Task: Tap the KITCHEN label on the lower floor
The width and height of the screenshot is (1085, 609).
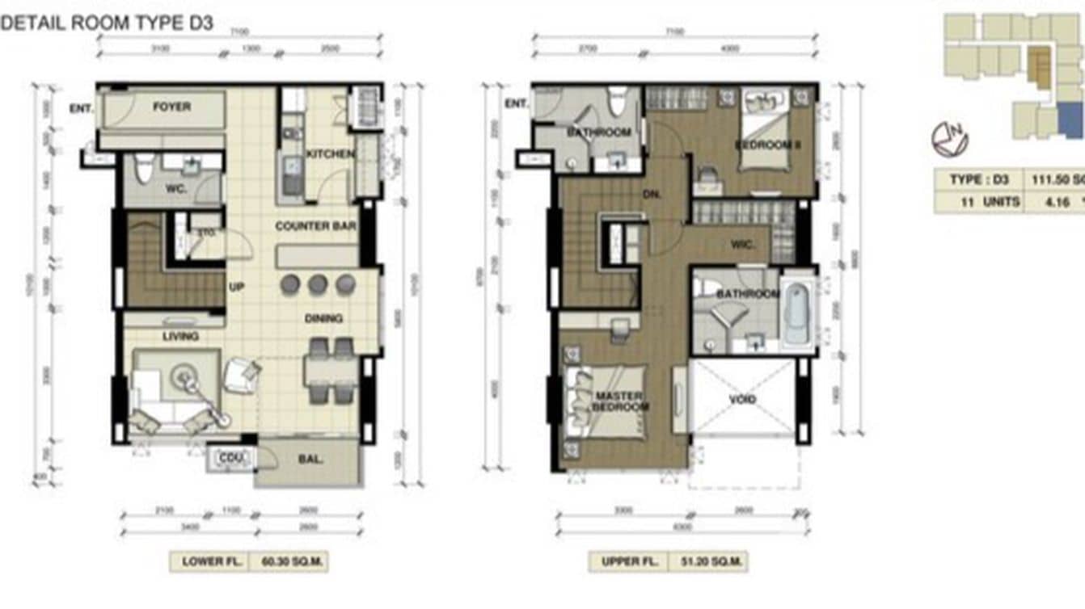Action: tap(329, 153)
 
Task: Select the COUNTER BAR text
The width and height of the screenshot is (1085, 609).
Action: tap(315, 226)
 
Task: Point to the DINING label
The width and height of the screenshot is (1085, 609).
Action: tap(323, 318)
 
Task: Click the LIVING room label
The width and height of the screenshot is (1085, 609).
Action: tap(180, 336)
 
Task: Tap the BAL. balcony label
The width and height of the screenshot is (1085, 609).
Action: tap(311, 460)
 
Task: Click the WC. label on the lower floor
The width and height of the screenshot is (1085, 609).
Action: tap(177, 187)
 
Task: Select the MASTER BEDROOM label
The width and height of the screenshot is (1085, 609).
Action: tap(620, 401)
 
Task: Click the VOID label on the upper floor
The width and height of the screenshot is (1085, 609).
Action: tap(742, 400)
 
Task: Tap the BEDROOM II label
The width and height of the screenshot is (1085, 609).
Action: tap(766, 145)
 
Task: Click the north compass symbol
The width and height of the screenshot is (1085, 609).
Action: tap(949, 139)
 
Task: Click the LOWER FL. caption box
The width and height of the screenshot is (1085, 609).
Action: tap(209, 561)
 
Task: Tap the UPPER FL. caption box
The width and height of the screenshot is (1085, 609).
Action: tap(627, 561)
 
